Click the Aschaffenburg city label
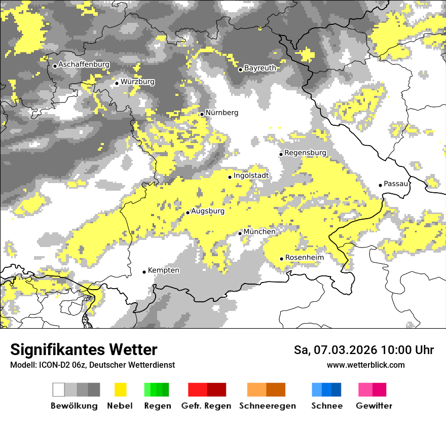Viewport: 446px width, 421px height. tap(84, 65)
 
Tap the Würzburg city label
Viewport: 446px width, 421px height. tap(137, 82)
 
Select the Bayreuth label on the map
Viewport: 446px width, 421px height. tap(260, 68)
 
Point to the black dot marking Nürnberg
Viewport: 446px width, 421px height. tap(202, 114)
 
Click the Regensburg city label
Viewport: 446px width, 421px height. tap(305, 153)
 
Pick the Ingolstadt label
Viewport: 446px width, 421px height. tap(251, 176)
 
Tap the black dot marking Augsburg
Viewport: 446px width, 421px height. tap(188, 213)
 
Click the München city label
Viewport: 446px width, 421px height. tap(259, 232)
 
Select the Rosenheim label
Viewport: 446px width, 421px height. tap(304, 258)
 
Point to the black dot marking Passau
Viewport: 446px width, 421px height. tap(381, 185)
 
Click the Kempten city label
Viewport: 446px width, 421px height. tap(163, 270)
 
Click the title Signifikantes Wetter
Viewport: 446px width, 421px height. tap(84, 350)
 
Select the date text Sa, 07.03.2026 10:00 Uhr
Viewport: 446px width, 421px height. tap(364, 350)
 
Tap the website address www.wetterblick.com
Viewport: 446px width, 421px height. tap(365, 365)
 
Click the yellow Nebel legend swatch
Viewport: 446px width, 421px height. tap(120, 390)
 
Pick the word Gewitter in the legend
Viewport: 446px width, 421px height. tap(374, 406)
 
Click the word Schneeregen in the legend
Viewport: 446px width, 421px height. tap(268, 406)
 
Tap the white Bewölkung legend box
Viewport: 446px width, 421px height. tap(59, 390)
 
